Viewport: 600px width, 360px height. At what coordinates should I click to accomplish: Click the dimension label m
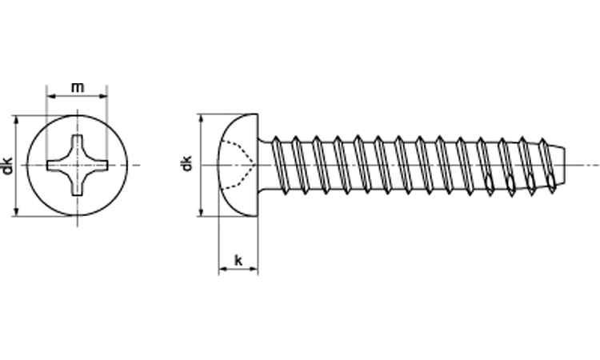[x=78, y=88]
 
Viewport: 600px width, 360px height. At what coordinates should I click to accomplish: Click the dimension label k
[x=238, y=261]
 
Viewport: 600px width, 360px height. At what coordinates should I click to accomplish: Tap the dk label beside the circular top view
[x=7, y=166]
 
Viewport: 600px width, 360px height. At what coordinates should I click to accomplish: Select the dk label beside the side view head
[x=186, y=163]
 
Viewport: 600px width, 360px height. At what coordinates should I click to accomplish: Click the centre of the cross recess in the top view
[x=78, y=166]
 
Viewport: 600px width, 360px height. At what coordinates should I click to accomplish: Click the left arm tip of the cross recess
[x=47, y=166]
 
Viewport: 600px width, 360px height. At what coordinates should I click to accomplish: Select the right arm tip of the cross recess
[x=108, y=166]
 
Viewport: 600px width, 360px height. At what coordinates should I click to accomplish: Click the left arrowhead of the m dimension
[x=50, y=97]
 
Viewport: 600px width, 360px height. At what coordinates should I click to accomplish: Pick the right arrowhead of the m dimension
[x=103, y=97]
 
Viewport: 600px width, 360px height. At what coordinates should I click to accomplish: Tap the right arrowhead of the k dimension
[x=254, y=270]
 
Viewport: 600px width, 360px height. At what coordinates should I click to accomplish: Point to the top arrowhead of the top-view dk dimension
[x=16, y=120]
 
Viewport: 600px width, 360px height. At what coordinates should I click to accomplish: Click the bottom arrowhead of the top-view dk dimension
[x=16, y=211]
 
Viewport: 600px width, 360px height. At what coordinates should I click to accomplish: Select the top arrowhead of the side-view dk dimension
[x=202, y=118]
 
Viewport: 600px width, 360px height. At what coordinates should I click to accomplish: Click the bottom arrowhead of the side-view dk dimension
[x=202, y=211]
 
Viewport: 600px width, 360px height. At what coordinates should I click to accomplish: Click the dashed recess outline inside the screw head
[x=238, y=165]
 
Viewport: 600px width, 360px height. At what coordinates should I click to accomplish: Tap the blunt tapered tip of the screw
[x=559, y=166]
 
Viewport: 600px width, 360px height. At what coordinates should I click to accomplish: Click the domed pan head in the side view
[x=238, y=165]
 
